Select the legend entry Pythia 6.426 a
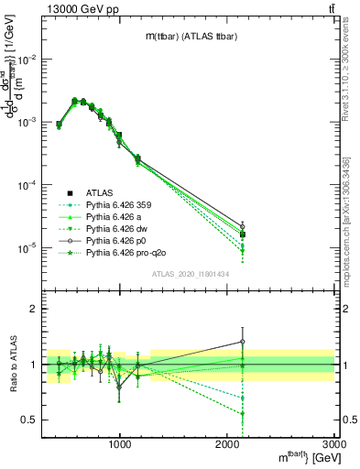[x=119, y=217]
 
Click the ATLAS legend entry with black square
[x=100, y=193]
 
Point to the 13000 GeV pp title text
[x=45, y=7]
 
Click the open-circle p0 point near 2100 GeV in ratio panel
[x=243, y=342]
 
